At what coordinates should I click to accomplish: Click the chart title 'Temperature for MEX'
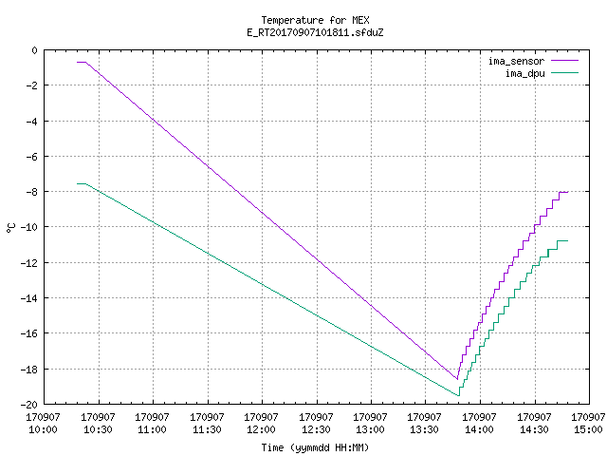click(315, 20)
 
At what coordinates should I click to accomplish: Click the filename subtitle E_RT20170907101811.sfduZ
click(315, 32)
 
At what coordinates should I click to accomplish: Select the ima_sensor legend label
click(516, 61)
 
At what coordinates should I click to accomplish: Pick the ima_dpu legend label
click(524, 73)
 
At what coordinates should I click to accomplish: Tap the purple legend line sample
click(564, 61)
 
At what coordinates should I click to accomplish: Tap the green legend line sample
click(564, 72)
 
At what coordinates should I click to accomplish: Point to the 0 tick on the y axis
click(35, 50)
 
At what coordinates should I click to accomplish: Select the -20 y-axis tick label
click(29, 405)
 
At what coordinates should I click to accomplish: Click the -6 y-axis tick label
click(32, 157)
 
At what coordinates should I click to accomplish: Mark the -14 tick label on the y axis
click(29, 298)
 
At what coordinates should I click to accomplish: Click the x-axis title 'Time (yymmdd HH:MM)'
click(315, 447)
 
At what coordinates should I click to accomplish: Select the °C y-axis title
click(10, 228)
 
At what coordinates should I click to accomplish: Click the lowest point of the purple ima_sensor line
click(457, 379)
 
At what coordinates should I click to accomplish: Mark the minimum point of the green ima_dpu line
click(459, 395)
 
